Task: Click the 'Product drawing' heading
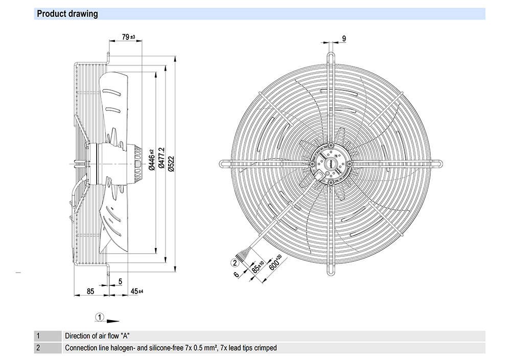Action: [x=67, y=14]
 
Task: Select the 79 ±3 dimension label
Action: [x=128, y=37]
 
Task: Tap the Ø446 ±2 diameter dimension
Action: [x=152, y=160]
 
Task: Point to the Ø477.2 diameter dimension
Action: [x=161, y=158]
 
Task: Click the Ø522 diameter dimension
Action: [x=171, y=164]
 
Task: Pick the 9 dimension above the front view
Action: [x=344, y=38]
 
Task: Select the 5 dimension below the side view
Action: [x=120, y=281]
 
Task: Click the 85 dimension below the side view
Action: [x=90, y=291]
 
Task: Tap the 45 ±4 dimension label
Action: [x=137, y=291]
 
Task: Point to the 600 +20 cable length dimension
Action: [x=275, y=262]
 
